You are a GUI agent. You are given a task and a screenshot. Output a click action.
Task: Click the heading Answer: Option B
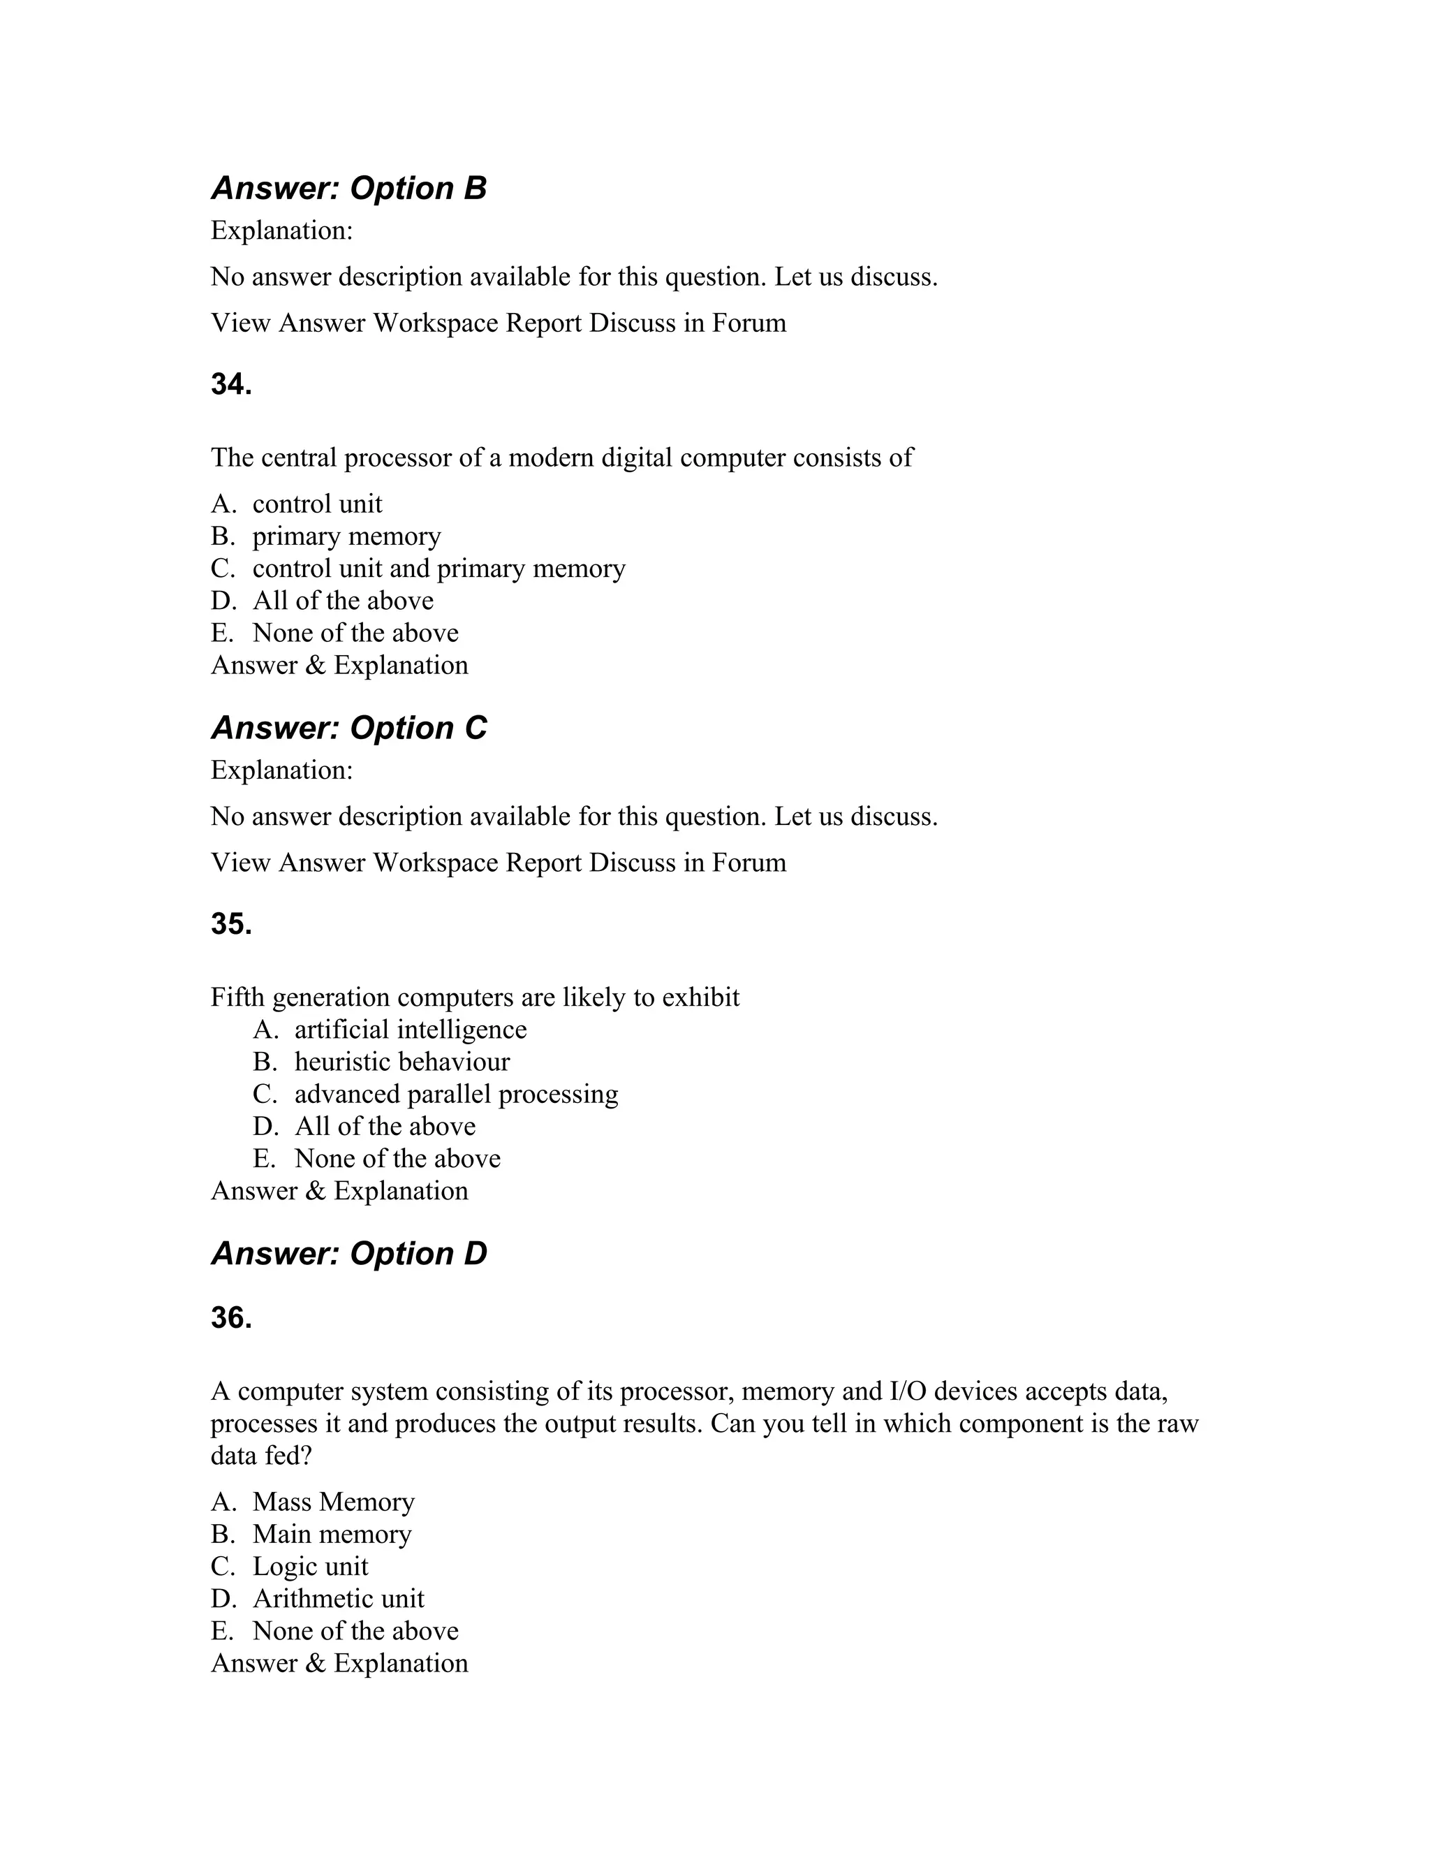tap(348, 188)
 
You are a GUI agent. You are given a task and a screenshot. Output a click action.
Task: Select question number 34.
tap(231, 384)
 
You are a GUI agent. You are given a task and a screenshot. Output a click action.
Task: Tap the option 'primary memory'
tap(346, 536)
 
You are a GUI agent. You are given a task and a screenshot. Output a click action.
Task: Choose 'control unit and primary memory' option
tap(438, 569)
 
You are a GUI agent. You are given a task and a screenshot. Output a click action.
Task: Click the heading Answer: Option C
tap(348, 728)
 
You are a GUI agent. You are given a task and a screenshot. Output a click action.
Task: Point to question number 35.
tap(231, 924)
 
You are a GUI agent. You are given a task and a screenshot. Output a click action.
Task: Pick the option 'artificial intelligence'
tap(410, 1030)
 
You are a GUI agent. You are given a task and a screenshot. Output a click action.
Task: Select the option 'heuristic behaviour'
tap(401, 1062)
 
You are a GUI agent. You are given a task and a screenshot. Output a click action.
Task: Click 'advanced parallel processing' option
tap(456, 1094)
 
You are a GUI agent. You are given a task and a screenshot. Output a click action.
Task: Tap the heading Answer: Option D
tap(348, 1254)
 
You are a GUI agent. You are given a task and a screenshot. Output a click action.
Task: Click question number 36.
tap(231, 1318)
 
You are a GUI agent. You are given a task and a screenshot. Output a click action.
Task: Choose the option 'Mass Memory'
tap(333, 1502)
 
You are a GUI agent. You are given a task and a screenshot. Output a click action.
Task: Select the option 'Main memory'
tap(331, 1534)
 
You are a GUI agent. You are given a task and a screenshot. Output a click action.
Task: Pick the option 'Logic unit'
tap(310, 1566)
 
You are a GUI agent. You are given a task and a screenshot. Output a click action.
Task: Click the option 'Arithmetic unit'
tap(338, 1598)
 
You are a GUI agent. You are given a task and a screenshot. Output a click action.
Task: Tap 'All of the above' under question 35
tap(385, 1127)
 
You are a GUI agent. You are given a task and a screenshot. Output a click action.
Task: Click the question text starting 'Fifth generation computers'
tap(474, 997)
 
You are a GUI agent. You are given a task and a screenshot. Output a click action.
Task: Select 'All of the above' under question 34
tap(342, 601)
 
